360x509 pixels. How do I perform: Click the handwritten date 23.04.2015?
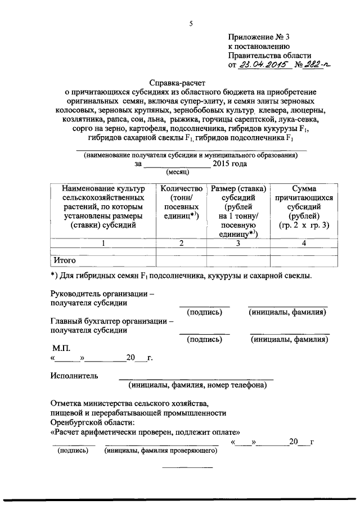click(x=262, y=65)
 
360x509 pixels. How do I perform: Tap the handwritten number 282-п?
click(x=315, y=65)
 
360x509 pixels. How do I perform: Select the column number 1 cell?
click(x=102, y=244)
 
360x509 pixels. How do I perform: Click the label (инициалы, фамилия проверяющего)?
click(x=161, y=451)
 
